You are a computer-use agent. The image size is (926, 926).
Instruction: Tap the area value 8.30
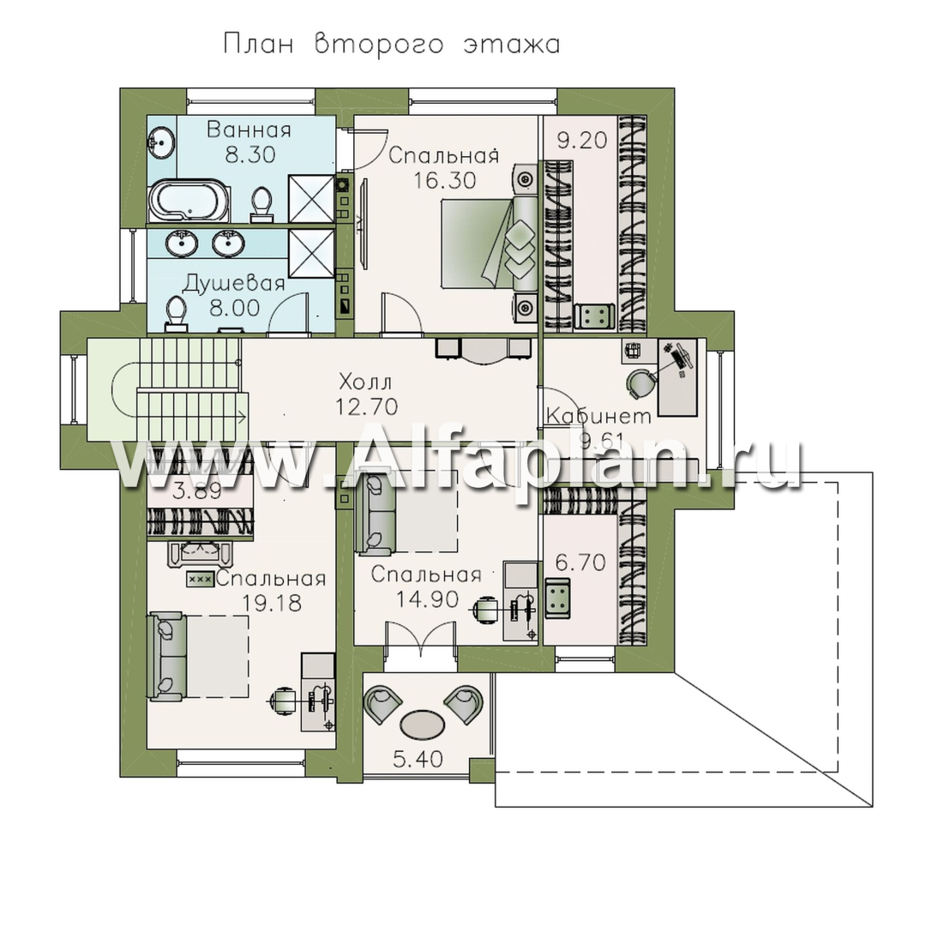250,154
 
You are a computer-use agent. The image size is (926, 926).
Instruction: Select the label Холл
365,382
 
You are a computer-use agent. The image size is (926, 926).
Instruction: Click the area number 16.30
444,180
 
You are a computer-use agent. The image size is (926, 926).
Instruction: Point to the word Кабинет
598,416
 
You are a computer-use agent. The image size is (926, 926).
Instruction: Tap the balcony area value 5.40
418,759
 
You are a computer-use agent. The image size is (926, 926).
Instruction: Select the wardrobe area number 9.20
581,141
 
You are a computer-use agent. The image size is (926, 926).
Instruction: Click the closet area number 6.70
580,562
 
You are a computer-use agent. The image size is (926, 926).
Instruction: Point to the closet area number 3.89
196,490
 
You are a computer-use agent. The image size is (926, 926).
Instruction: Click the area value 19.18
272,603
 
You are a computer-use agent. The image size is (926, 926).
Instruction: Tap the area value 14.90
427,599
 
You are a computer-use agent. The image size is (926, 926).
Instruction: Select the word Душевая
234,284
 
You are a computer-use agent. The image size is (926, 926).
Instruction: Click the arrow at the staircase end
241,418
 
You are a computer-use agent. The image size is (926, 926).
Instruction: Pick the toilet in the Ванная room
262,204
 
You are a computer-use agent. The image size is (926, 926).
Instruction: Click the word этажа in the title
511,45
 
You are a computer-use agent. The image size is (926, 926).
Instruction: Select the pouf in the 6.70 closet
557,598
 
